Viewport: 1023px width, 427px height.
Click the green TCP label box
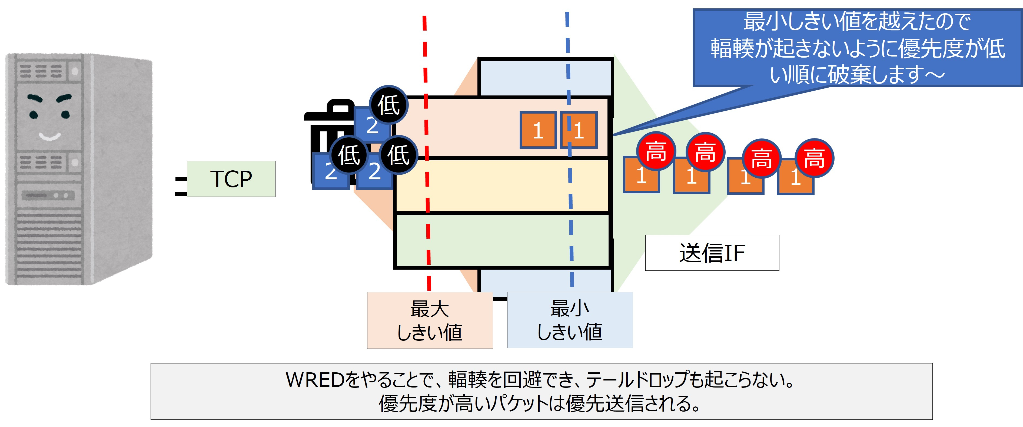pyautogui.click(x=231, y=179)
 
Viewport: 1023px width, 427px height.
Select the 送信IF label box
pyautogui.click(x=712, y=253)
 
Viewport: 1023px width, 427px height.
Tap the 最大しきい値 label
pyautogui.click(x=430, y=320)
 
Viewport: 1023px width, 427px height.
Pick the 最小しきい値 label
pyautogui.click(x=570, y=320)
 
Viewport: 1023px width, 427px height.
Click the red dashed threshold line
pyautogui.click(x=427, y=153)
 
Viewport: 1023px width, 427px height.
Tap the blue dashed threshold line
pyautogui.click(x=569, y=149)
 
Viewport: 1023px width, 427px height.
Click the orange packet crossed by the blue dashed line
pyautogui.click(x=579, y=130)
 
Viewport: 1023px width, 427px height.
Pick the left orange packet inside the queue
pyautogui.click(x=538, y=130)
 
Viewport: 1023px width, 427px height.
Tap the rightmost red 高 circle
pyautogui.click(x=814, y=158)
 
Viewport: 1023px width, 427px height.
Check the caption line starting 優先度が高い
pyautogui.click(x=539, y=403)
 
